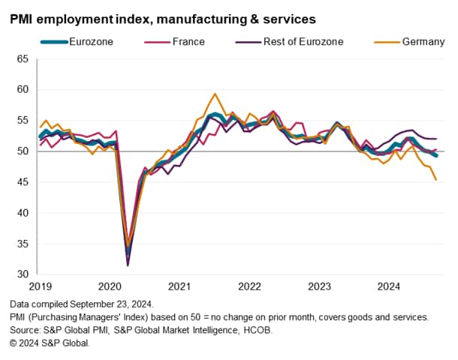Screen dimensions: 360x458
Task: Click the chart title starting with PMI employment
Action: tap(163, 16)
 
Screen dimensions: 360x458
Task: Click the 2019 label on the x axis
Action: tap(41, 286)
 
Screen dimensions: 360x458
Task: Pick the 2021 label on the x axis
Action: tap(179, 286)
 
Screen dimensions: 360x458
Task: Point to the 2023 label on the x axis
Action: tap(320, 286)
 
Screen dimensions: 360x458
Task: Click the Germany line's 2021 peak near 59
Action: tap(215, 94)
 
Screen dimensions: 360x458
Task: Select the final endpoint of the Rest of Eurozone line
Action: tap(436, 139)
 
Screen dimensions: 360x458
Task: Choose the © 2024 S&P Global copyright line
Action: tap(50, 343)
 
